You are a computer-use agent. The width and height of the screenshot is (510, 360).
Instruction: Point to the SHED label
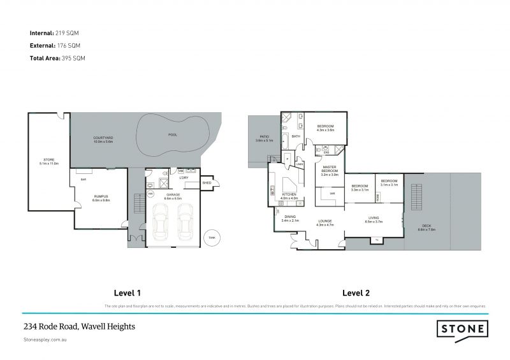coord(207,182)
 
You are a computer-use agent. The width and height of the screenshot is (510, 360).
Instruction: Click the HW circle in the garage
coord(151,194)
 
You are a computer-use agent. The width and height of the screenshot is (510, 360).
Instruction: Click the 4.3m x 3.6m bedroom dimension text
coord(326,130)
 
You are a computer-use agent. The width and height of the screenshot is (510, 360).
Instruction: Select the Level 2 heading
coord(357,294)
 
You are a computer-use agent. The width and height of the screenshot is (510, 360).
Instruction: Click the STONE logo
coord(462,329)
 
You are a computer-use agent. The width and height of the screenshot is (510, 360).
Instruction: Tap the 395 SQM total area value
coord(73,58)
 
